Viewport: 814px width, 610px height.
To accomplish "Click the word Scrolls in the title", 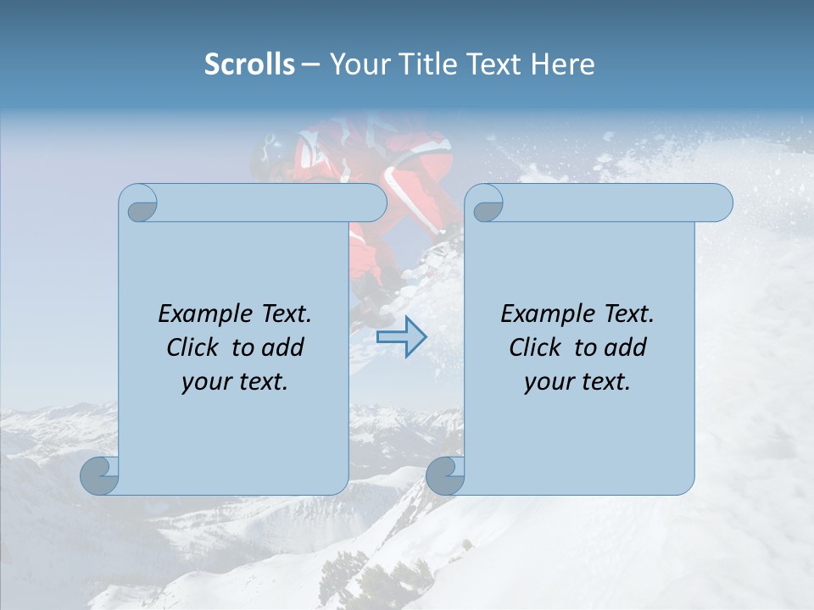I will pyautogui.click(x=250, y=64).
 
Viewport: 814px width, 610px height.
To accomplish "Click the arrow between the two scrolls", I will pyautogui.click(x=401, y=337).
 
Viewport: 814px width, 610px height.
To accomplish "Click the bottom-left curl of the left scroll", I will pyautogui.click(x=99, y=476).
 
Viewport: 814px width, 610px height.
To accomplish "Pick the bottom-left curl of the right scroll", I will pyautogui.click(x=444, y=476).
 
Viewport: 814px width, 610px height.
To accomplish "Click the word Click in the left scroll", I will pyautogui.click(x=192, y=347).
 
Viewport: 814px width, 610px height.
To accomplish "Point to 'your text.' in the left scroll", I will pyautogui.click(x=235, y=382).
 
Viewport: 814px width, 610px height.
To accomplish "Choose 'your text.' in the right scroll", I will pyautogui.click(x=577, y=382).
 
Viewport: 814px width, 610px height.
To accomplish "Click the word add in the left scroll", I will pyautogui.click(x=284, y=347).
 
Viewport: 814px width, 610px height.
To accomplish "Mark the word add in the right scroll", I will pyautogui.click(x=627, y=347).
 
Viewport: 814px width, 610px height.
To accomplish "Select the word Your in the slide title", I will pyautogui.click(x=357, y=64).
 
